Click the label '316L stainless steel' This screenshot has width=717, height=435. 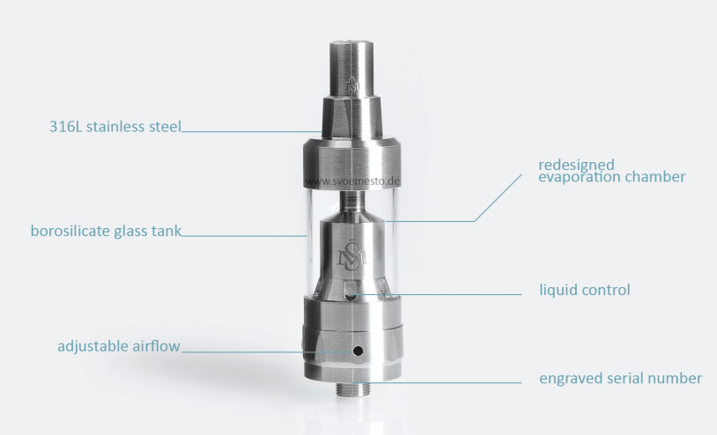(x=115, y=127)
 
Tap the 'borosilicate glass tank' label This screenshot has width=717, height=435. (x=106, y=231)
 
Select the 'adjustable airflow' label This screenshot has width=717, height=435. (x=119, y=346)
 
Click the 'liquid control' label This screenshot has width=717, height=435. (x=585, y=291)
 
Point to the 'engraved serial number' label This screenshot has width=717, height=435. (x=620, y=379)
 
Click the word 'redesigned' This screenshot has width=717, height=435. (x=576, y=165)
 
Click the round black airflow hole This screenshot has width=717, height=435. (x=358, y=351)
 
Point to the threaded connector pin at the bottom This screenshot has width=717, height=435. (x=352, y=389)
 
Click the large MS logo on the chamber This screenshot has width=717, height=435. (x=351, y=254)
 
